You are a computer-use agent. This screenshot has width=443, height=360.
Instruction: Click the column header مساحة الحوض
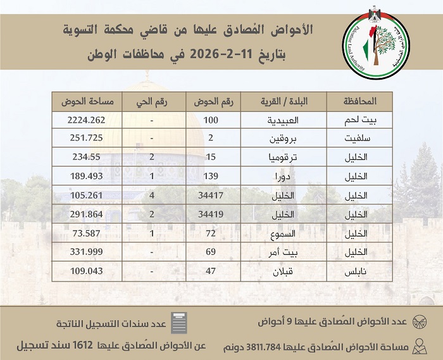[86, 101]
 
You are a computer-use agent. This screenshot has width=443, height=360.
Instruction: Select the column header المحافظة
[359, 101]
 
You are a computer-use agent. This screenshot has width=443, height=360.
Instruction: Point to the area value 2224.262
[86, 120]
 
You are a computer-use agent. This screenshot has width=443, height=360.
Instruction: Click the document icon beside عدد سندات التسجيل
[180, 323]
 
